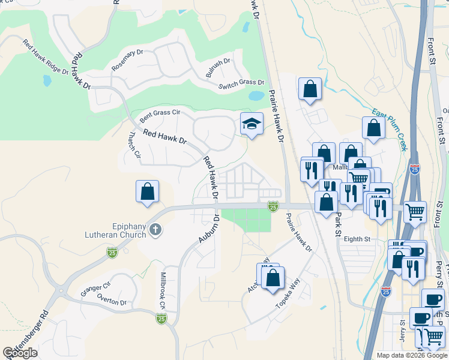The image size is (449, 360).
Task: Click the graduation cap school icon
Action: tap(252, 124)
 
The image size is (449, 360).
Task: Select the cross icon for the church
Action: tap(155, 229)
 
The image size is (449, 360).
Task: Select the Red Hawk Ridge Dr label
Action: tap(46, 58)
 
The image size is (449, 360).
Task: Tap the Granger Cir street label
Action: tap(95, 289)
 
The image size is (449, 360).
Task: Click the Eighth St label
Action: tap(357, 239)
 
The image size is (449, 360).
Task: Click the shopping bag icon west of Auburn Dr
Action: tap(147, 193)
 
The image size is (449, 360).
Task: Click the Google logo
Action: tap(20, 353)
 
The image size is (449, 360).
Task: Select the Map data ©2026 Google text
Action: tap(411, 355)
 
